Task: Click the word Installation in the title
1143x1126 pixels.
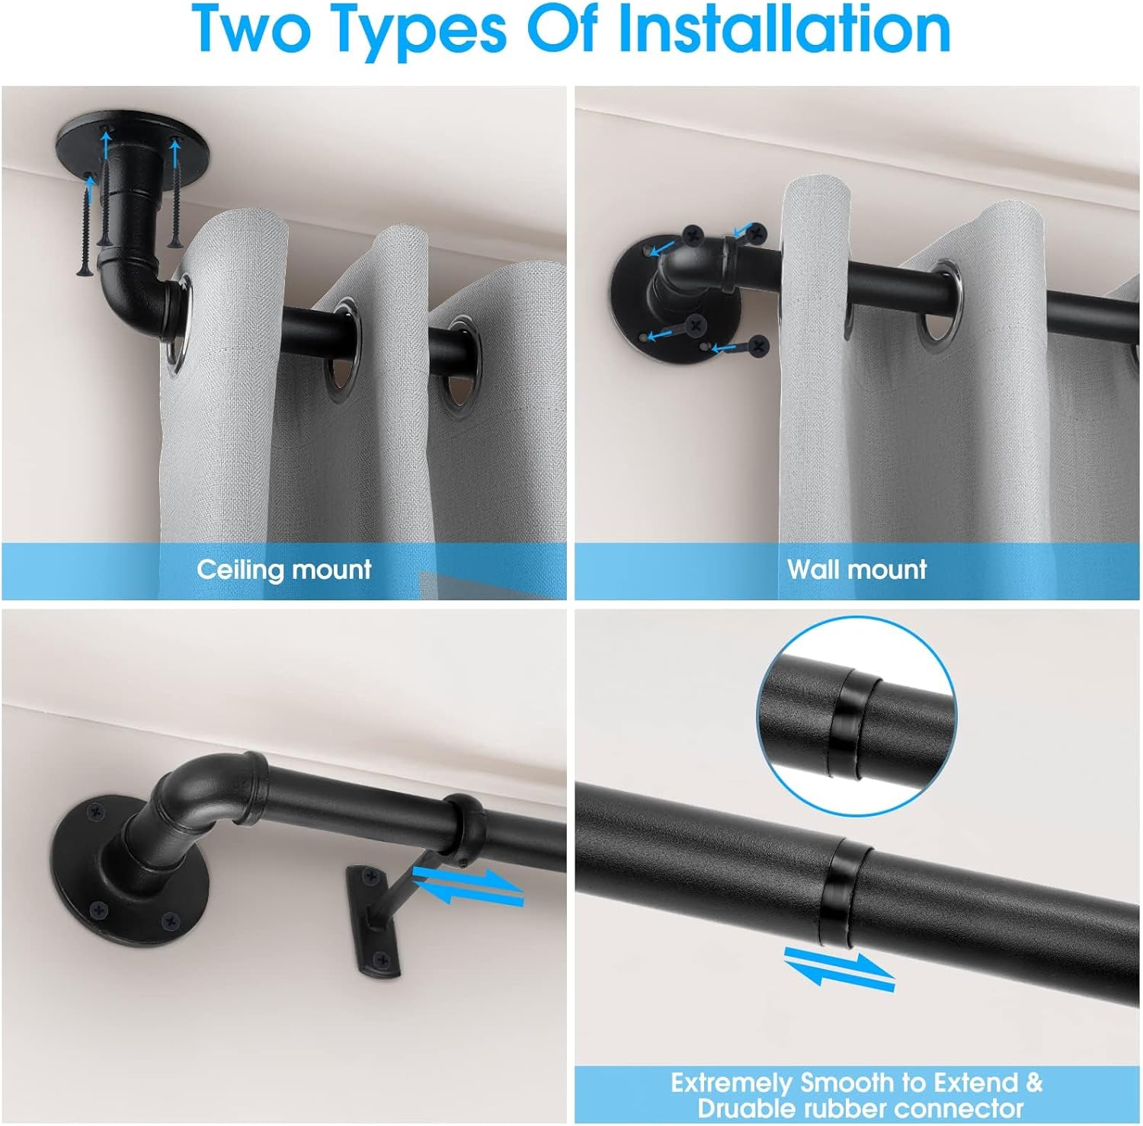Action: pos(785,29)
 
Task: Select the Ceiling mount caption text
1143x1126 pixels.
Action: pos(283,569)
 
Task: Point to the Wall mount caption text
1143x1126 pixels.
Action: pos(856,569)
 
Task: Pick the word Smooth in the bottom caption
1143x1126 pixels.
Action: pos(850,1083)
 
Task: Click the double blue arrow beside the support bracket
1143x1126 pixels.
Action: pos(469,887)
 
